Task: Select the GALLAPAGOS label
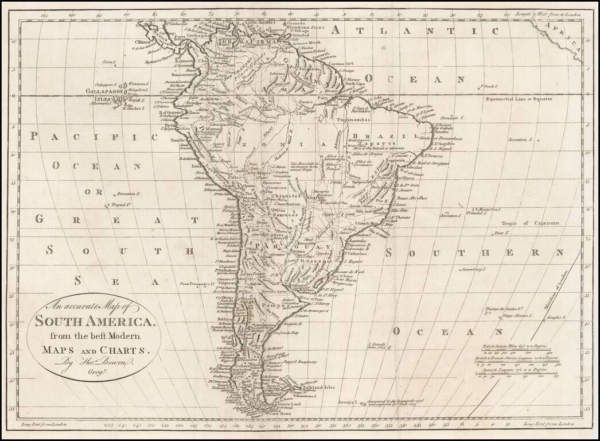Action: click(x=105, y=91)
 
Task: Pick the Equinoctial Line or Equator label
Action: click(x=519, y=99)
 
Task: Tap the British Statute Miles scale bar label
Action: click(x=513, y=347)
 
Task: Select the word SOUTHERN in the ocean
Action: click(x=476, y=253)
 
